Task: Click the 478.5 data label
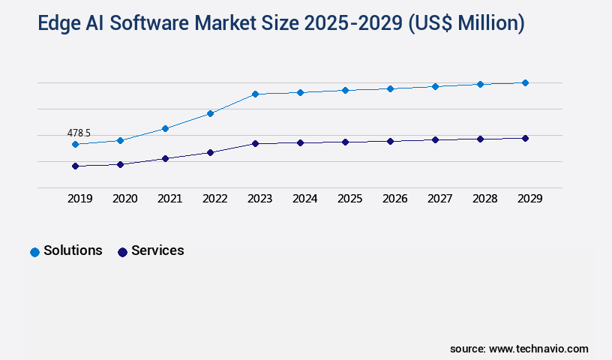[79, 133]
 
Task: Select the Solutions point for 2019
[75, 144]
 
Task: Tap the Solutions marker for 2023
[255, 94]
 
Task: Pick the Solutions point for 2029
[525, 82]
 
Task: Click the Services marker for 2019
[75, 166]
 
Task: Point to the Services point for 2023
[255, 143]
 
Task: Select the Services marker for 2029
[525, 138]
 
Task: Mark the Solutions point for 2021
[165, 128]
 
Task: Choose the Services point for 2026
[390, 141]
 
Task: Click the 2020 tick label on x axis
[124, 199]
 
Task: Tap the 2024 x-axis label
[304, 199]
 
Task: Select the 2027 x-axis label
[439, 199]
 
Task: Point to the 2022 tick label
[214, 199]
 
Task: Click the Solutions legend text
[73, 250]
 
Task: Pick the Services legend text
[157, 250]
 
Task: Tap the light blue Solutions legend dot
[34, 252]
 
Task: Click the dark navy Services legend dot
[122, 252]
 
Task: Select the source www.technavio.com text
[519, 349]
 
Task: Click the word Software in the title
[152, 23]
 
